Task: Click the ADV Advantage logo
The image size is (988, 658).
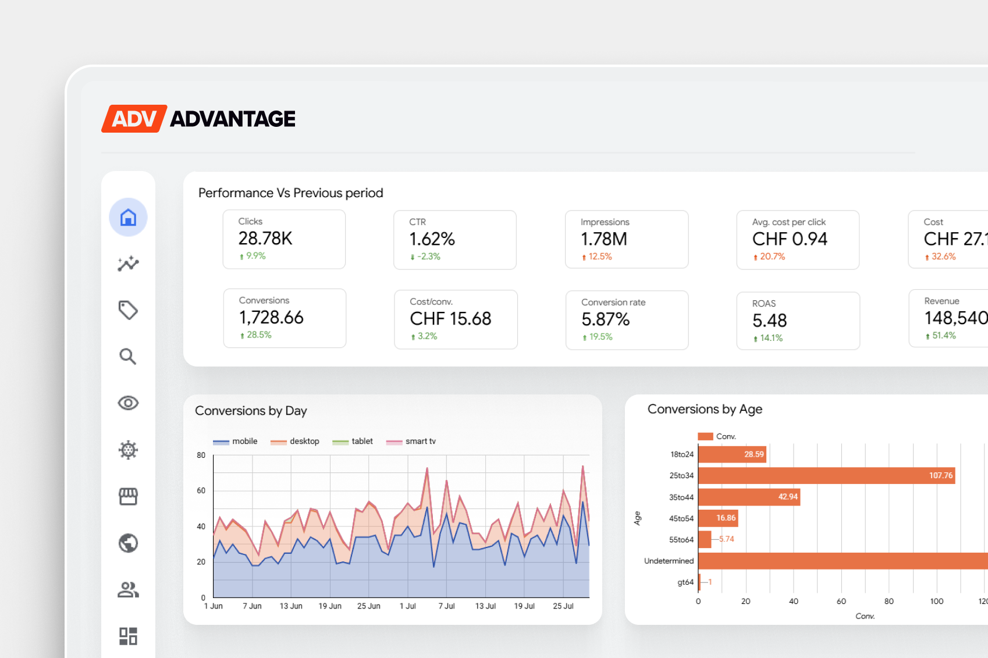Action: pos(198,119)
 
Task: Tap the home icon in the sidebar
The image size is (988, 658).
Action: pos(128,217)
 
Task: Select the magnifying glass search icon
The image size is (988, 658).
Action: pos(128,356)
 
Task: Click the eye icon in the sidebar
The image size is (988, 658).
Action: pos(128,403)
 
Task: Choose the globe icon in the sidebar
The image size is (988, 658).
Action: pos(128,543)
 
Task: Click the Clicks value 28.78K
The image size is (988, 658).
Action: pos(265,239)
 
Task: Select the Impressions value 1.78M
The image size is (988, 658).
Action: pos(604,239)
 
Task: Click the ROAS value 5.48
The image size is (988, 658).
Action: pos(769,321)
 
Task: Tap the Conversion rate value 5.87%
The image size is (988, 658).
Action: pos(605,319)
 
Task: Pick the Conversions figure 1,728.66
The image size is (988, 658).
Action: pos(271,318)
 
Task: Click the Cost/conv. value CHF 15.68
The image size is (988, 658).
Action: pos(450,319)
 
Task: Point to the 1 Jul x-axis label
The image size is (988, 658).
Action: pos(408,606)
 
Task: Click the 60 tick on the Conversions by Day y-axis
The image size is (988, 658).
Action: pos(201,491)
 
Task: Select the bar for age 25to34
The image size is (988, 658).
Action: pos(826,476)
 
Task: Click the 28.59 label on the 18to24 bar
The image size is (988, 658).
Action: pos(754,454)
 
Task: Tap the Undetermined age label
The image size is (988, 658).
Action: pos(669,561)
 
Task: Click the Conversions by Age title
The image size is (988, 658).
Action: pos(705,410)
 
